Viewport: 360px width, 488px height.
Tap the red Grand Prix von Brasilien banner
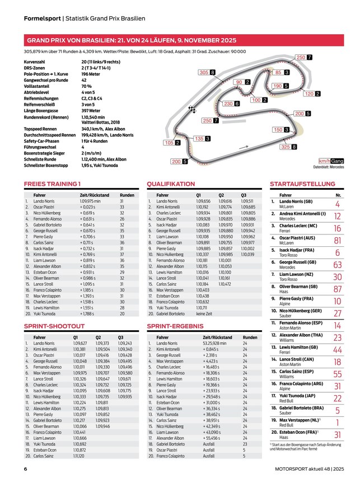(130, 40)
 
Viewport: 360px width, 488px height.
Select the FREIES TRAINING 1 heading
(52, 184)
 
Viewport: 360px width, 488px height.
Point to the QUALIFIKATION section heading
(171, 184)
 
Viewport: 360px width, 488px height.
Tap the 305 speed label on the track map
(204, 73)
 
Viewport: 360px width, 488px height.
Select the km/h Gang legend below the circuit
(331, 161)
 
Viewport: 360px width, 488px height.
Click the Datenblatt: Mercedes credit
(329, 167)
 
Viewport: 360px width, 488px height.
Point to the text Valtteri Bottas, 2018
(101, 122)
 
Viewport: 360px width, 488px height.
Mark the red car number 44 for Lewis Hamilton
(337, 349)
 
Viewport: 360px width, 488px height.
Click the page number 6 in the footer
(25, 468)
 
